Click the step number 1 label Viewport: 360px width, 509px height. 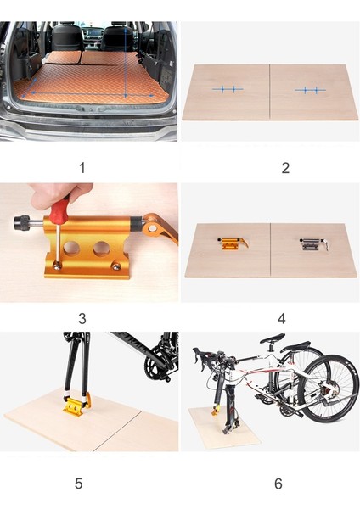click(82, 168)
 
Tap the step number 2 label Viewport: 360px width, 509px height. click(285, 168)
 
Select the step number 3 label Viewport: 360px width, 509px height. click(82, 318)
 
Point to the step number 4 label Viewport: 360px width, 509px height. click(282, 318)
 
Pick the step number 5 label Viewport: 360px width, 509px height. click(79, 483)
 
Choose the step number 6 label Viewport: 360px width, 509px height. click(278, 484)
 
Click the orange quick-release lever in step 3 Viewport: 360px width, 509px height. click(160, 228)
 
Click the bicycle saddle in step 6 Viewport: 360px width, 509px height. click(273, 338)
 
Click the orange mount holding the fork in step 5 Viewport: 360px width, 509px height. click(76, 404)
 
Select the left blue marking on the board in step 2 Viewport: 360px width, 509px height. click(228, 89)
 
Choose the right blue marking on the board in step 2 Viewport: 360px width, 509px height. click(310, 90)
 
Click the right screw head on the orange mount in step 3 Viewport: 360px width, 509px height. click(115, 266)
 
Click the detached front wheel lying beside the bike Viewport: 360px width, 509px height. click(328, 389)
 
